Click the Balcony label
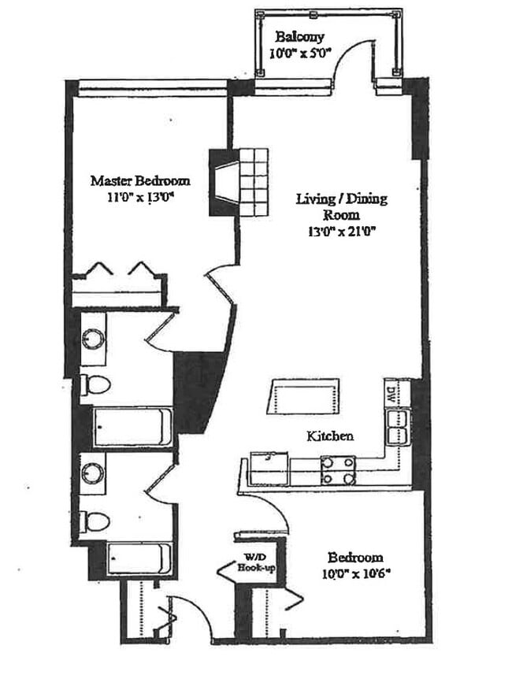[299, 37]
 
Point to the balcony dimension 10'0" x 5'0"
[300, 54]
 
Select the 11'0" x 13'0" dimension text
[129, 198]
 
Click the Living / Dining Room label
[341, 206]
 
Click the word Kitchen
[330, 436]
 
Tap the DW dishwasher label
[390, 391]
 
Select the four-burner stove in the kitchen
[338, 470]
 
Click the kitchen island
[306, 394]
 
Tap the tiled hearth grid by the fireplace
[253, 182]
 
